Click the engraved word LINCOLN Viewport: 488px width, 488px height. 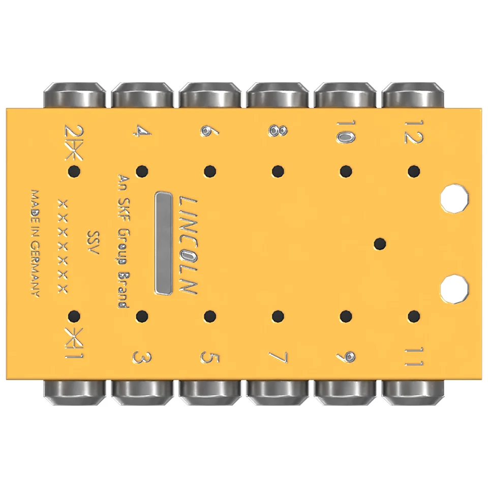pos(188,245)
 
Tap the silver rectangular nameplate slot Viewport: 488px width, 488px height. pos(163,243)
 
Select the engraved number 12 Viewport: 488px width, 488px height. pos(414,132)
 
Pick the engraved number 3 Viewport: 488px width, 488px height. pos(142,357)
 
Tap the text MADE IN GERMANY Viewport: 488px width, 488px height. pos(36,243)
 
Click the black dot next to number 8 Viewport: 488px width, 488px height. pos(278,171)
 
